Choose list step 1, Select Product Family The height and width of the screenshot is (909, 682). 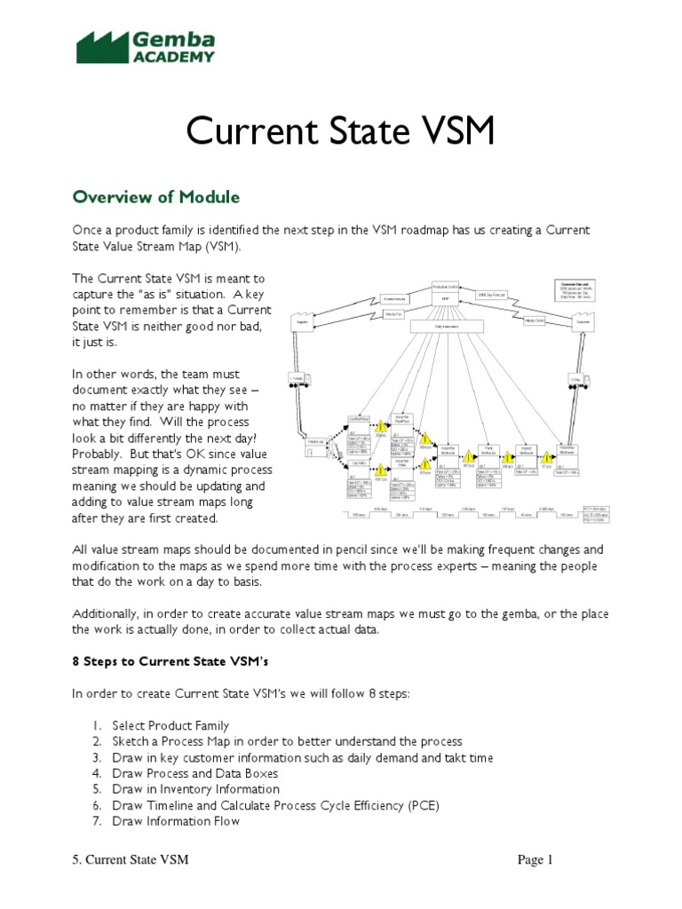170,725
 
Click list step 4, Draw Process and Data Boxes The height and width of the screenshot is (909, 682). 195,773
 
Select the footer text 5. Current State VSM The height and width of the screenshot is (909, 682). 130,860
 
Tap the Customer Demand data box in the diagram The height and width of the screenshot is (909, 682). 576,289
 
